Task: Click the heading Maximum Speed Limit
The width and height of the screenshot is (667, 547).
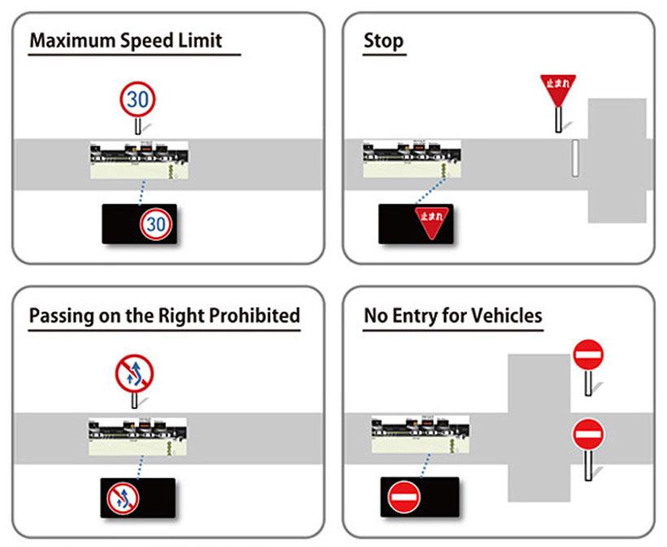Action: pyautogui.click(x=125, y=41)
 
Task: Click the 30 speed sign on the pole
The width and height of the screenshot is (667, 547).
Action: pyautogui.click(x=138, y=99)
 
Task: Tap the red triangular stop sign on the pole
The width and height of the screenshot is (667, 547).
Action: pyautogui.click(x=558, y=89)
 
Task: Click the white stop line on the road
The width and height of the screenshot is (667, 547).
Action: pyautogui.click(x=574, y=158)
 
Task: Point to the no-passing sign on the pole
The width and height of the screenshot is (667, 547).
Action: pyautogui.click(x=134, y=375)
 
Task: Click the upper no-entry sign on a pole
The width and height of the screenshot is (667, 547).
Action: pyautogui.click(x=588, y=356)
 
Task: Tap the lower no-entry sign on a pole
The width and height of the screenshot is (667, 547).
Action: pyautogui.click(x=588, y=435)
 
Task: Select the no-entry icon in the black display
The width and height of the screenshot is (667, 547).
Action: pyautogui.click(x=403, y=497)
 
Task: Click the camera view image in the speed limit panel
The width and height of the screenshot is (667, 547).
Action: pyautogui.click(x=139, y=161)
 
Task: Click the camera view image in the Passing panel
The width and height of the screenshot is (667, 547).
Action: pyautogui.click(x=137, y=436)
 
